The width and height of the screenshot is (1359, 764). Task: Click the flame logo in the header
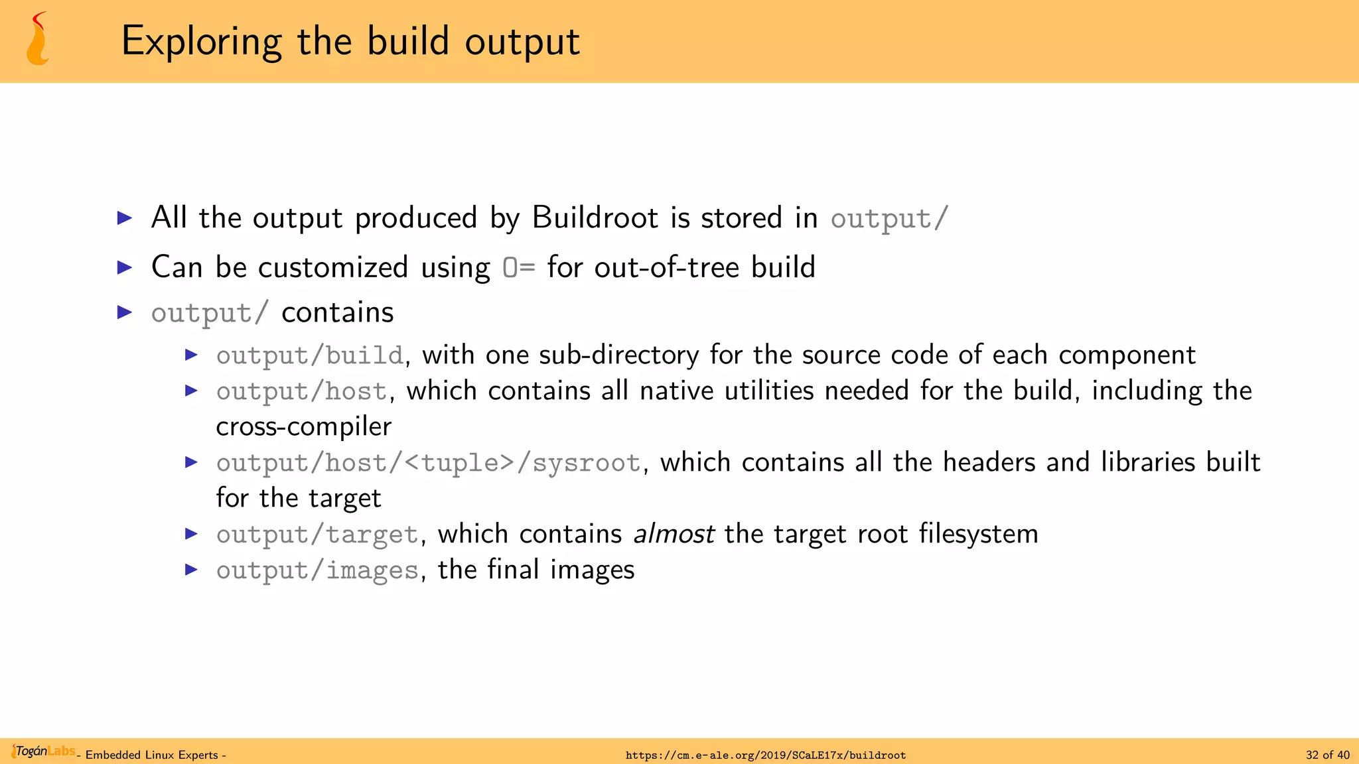(x=38, y=40)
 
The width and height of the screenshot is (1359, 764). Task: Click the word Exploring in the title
(x=202, y=41)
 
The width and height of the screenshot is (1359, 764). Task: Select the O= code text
(x=518, y=267)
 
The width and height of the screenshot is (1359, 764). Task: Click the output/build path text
(x=309, y=355)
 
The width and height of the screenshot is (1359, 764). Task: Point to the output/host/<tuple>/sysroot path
(x=428, y=463)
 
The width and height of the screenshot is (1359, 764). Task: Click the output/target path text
(x=317, y=535)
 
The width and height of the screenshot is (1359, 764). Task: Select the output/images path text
(x=317, y=570)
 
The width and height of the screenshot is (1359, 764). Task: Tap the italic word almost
(x=674, y=534)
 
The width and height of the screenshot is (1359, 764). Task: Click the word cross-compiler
(x=303, y=426)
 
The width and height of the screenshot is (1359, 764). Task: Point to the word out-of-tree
(x=666, y=267)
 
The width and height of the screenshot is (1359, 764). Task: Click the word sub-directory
(x=618, y=355)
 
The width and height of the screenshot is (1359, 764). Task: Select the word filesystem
(x=978, y=534)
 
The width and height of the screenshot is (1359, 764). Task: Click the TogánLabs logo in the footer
(x=43, y=751)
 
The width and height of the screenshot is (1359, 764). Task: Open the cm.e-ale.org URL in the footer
(x=765, y=755)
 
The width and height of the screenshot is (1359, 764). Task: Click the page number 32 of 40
(x=1327, y=755)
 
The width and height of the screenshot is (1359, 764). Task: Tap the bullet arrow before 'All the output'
(x=125, y=218)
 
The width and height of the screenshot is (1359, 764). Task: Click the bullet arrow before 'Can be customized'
(x=125, y=267)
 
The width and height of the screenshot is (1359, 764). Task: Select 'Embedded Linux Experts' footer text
(x=152, y=755)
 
